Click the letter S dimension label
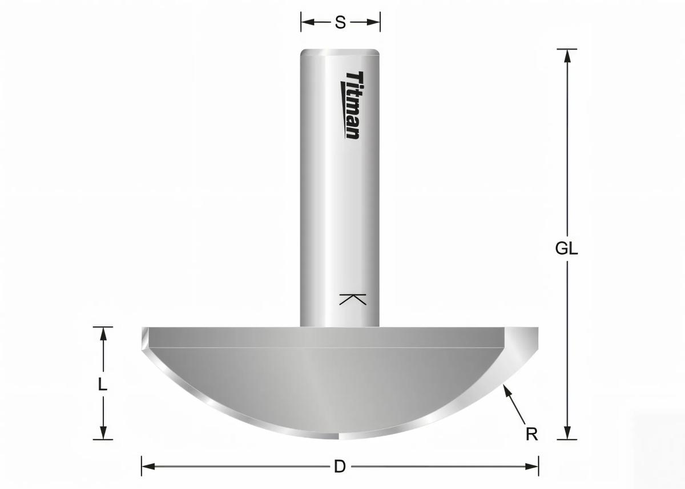[x=340, y=22]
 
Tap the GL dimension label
[x=566, y=249]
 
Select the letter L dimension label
[x=102, y=385]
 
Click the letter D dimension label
[x=340, y=466]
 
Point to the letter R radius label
[x=531, y=434]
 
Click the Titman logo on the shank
[x=353, y=105]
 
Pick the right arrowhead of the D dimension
[x=533, y=466]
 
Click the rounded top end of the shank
[x=340, y=51]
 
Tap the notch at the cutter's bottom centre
[x=339, y=437]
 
